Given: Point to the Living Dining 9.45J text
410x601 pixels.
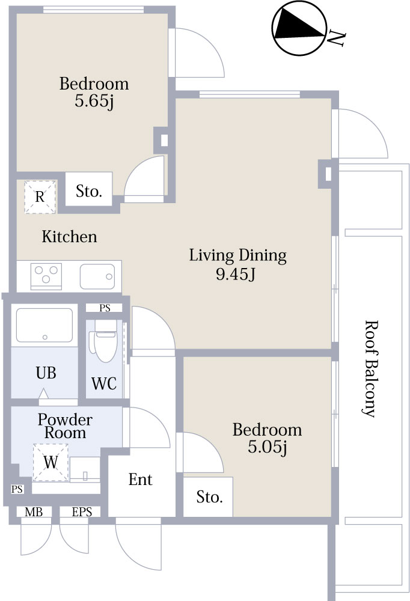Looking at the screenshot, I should point(238,265).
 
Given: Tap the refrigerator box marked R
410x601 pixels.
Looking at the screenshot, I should point(40,197).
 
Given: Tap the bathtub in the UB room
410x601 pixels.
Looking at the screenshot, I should point(44,325).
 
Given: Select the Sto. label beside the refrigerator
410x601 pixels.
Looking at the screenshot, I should point(89,192).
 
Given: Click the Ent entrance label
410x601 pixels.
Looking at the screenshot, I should point(141,480).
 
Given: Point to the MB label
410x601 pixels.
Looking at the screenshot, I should point(34,512).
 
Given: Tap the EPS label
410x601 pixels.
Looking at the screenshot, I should point(81,512).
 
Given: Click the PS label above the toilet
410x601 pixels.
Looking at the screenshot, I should point(105,308).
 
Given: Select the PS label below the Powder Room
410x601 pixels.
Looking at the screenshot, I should point(17,489).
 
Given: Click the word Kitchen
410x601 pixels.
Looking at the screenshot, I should point(69,237).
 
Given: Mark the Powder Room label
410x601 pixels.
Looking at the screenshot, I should point(65,426).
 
